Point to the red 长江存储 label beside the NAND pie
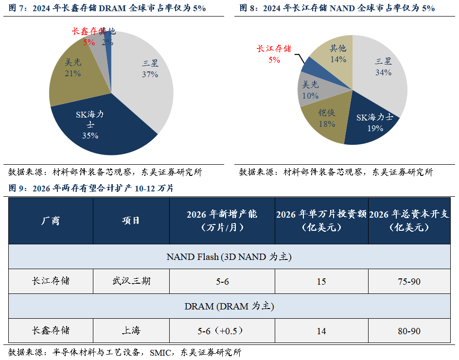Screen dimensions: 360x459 [274, 48]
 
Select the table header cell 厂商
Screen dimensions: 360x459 [51, 221]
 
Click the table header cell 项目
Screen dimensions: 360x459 [131, 221]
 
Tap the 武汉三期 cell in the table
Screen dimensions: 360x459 [131, 281]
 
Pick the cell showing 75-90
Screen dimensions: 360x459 [409, 281]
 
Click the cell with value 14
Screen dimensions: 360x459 [321, 331]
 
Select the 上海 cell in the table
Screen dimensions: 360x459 [131, 331]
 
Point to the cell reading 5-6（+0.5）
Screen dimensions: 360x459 [221, 331]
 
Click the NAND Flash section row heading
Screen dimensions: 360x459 [229, 257]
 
